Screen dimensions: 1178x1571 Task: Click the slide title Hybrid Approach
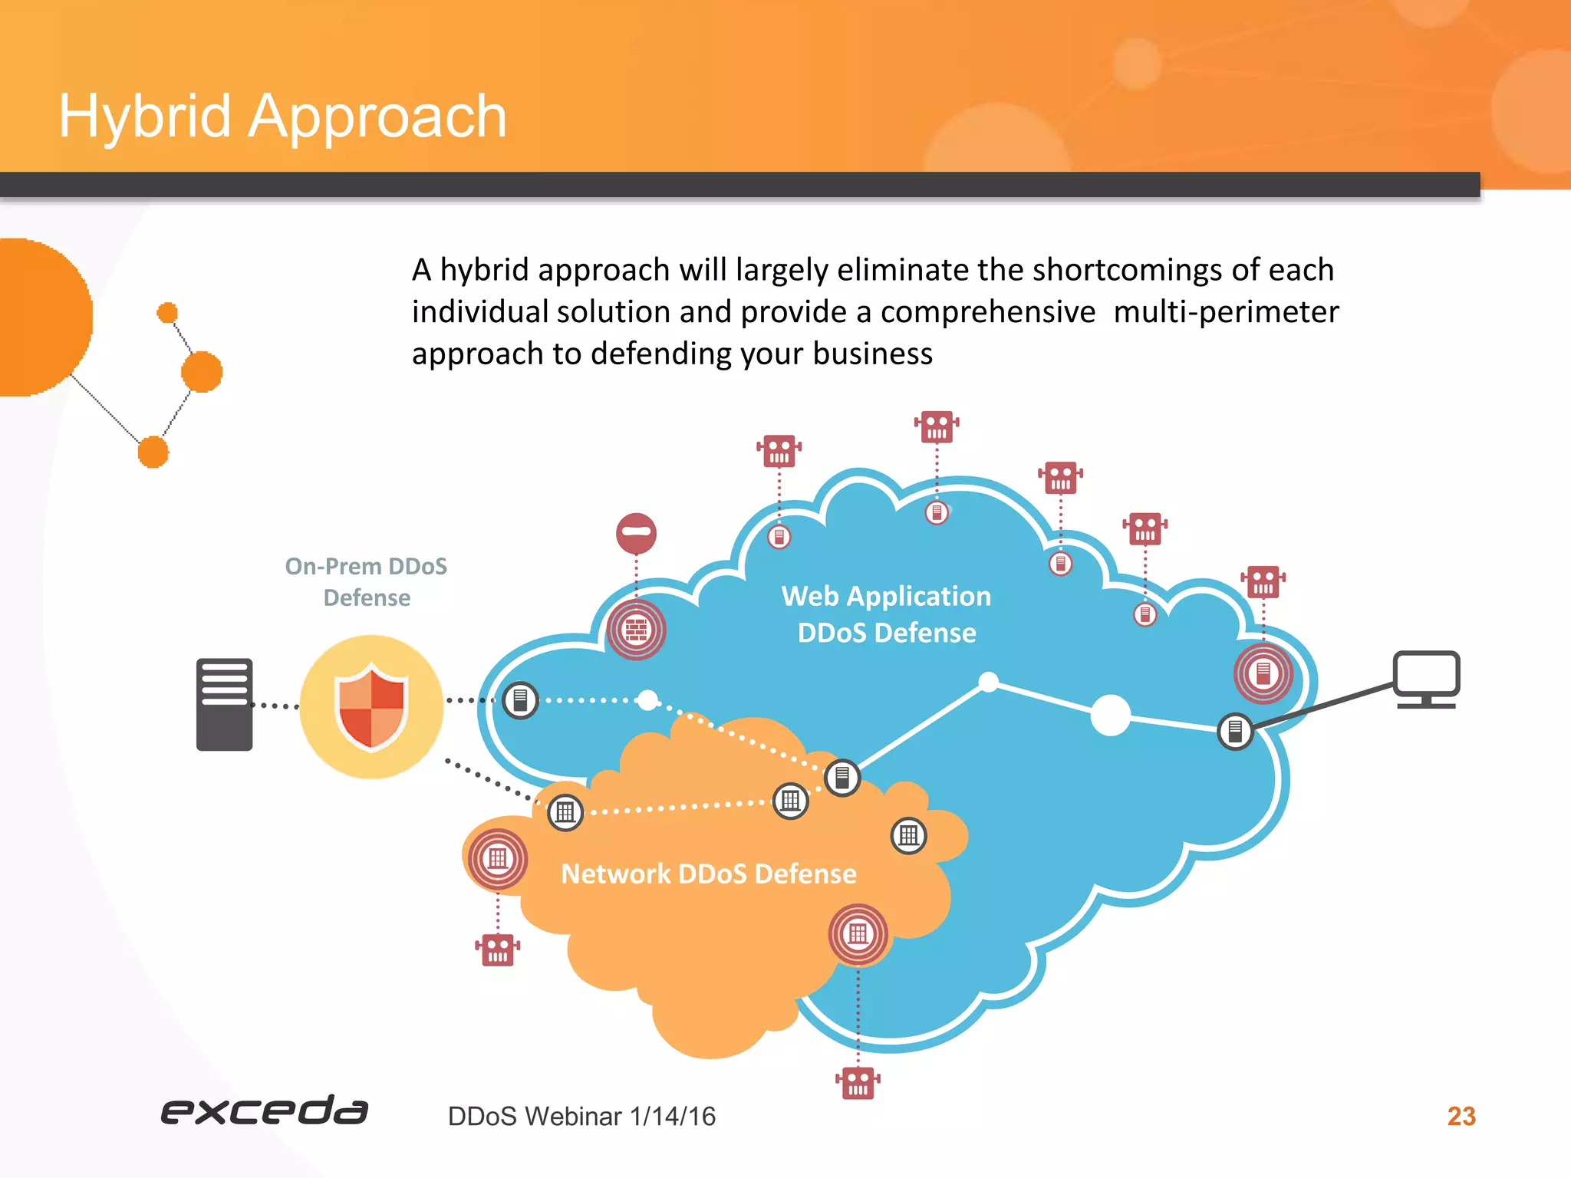tap(282, 117)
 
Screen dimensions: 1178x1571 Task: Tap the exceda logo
tap(264, 1111)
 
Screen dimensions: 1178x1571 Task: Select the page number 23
tap(1461, 1116)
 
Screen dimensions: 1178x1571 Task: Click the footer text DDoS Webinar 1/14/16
tap(581, 1117)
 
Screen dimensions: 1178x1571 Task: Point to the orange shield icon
tap(371, 706)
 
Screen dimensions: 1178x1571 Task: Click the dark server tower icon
tap(224, 704)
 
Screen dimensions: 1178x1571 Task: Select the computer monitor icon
tap(1426, 679)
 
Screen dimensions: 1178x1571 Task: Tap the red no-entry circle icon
tap(636, 532)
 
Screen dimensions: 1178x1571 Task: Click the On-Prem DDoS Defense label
tap(366, 581)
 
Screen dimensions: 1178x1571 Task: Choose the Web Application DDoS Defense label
tap(886, 614)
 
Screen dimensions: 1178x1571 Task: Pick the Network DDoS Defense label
tap(708, 874)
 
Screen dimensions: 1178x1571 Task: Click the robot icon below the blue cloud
tap(858, 1082)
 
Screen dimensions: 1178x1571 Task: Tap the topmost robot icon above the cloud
tap(936, 427)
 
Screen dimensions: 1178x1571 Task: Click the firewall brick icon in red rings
tap(636, 630)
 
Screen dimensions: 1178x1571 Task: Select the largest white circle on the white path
tap(1110, 715)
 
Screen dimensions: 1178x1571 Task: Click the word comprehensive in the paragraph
tap(987, 312)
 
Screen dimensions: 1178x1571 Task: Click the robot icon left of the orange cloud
tap(497, 949)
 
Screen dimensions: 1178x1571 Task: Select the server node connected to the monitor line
tap(1235, 731)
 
